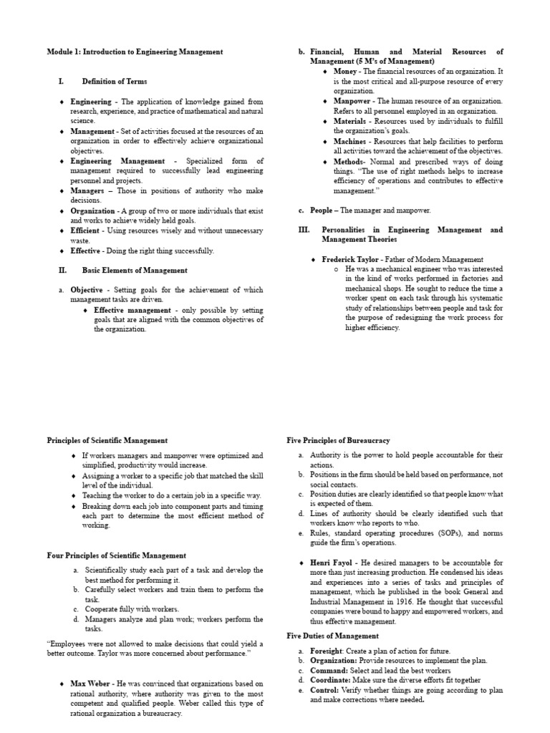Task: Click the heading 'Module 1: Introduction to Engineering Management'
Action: tap(135, 52)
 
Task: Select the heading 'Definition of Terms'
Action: tap(115, 82)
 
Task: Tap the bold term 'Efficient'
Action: tap(85, 231)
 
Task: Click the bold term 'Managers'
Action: tap(88, 192)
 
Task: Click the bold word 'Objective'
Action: tap(87, 291)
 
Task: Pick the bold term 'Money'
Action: tap(346, 72)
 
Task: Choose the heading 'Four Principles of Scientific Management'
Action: tap(117, 555)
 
